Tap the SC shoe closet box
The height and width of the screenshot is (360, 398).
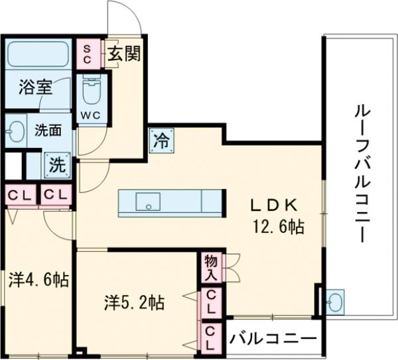pyautogui.click(x=87, y=53)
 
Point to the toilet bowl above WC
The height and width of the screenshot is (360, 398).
pyautogui.click(x=90, y=90)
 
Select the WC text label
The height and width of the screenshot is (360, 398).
pyautogui.click(x=90, y=114)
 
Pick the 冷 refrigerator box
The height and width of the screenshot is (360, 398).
pyautogui.click(x=162, y=141)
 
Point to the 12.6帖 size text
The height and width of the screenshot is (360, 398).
pyautogui.click(x=277, y=227)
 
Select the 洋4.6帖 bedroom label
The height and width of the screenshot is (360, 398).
pyautogui.click(x=38, y=279)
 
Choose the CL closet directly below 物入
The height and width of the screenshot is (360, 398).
pyautogui.click(x=210, y=302)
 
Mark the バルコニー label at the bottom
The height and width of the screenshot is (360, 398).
pyautogui.click(x=273, y=339)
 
